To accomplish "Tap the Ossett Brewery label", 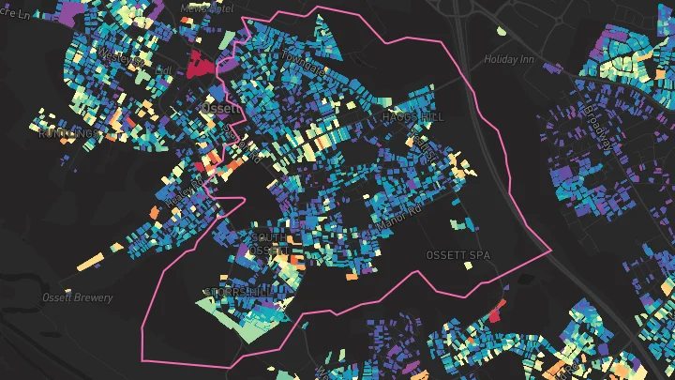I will (x=78, y=298).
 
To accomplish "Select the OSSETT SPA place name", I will (x=457, y=255).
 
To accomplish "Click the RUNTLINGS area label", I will (x=67, y=133).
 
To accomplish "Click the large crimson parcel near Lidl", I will (x=199, y=66).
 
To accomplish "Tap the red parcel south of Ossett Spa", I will (x=496, y=312).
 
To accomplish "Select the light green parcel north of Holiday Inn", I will (x=502, y=31).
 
